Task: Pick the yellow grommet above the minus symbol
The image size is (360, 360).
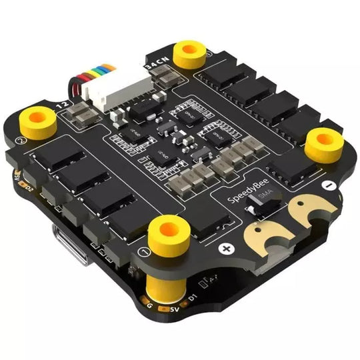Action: [x=324, y=141]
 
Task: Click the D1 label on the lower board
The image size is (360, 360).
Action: [x=192, y=295]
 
